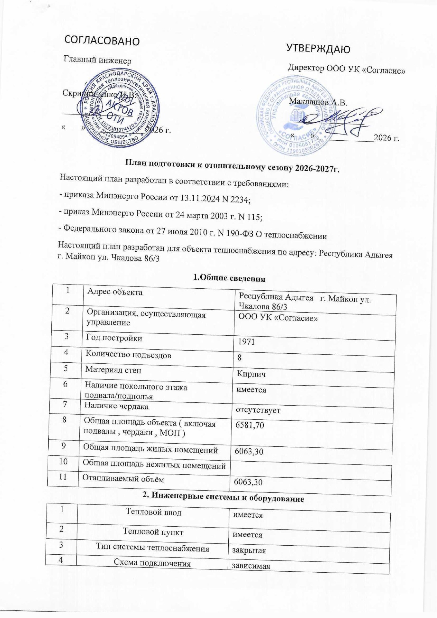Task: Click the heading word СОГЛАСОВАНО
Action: coord(102,40)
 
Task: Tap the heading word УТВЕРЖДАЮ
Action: coord(318,49)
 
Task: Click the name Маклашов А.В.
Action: coord(318,102)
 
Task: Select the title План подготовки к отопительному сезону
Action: coord(232,167)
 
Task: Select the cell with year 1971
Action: coord(246,342)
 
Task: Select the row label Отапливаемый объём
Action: coord(123,479)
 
